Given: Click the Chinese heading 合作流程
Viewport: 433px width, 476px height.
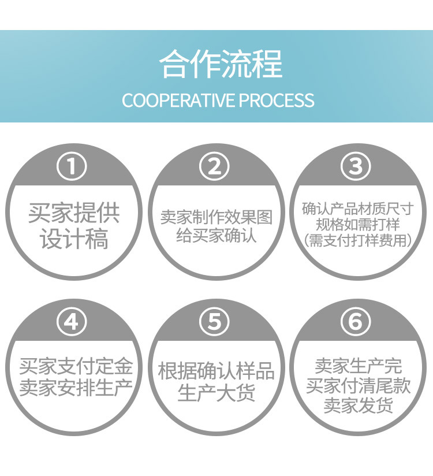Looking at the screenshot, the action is [221, 64].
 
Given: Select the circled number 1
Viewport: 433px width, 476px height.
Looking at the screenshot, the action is [72, 166].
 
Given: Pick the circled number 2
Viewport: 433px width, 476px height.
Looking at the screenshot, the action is [215, 166].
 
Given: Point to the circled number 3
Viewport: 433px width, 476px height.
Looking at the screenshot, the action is [356, 166].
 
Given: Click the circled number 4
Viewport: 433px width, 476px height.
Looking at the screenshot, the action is [72, 321].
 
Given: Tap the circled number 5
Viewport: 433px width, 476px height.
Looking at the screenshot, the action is [215, 321].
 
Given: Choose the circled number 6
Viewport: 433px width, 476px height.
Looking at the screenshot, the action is [356, 321].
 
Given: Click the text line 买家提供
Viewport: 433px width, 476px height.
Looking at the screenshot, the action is [74, 213].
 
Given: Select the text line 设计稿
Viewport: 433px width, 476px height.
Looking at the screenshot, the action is [74, 239].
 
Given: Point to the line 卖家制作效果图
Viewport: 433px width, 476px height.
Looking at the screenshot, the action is [216, 217].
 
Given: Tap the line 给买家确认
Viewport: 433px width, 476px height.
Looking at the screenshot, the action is [216, 235].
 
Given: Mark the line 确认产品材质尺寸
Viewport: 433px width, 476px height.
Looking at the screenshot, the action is [358, 209].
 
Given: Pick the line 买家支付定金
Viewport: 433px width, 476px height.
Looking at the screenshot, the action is [76, 366].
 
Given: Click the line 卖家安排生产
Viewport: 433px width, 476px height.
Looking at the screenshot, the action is [76, 388].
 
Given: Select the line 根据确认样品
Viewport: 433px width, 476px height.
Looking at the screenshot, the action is [216, 371].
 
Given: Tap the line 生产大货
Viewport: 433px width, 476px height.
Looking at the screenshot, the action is [216, 393].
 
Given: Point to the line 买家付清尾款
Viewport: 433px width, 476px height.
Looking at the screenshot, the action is [358, 385].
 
